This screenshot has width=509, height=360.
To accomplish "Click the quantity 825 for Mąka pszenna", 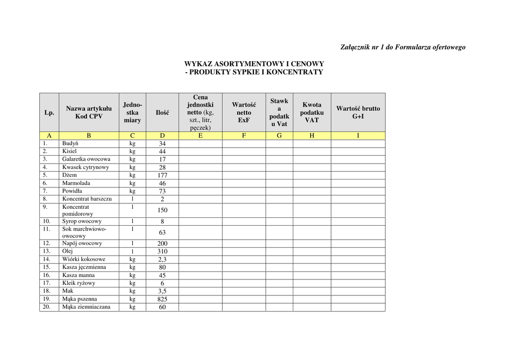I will click(163, 299).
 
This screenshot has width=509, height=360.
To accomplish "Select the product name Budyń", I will click(70, 143).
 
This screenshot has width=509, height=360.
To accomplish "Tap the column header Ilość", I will click(163, 113).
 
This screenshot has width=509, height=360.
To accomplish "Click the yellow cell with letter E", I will click(200, 136).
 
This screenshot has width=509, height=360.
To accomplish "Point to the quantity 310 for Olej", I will click(163, 252).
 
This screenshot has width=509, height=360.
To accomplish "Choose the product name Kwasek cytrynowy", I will click(85, 167).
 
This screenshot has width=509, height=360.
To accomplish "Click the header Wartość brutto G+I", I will click(358, 112).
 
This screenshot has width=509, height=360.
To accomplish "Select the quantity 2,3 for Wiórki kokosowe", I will click(163, 260).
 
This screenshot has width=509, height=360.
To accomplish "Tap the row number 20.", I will click(47, 307).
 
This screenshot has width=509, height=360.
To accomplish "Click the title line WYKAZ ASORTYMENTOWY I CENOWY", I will click(254, 64).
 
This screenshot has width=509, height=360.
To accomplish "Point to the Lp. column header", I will click(49, 113).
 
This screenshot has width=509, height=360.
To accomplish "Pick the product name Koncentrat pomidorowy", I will click(78, 210).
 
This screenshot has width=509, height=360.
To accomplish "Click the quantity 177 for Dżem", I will click(163, 176).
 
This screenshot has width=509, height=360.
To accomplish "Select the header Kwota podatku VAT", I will click(312, 112).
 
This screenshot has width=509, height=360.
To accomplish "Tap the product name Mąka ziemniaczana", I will click(86, 307).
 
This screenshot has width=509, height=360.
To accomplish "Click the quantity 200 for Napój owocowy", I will click(163, 244).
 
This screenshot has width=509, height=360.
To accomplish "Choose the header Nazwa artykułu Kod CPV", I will click(89, 112).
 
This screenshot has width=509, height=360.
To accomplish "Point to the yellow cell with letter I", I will click(358, 136).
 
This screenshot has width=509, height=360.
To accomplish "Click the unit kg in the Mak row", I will click(132, 291).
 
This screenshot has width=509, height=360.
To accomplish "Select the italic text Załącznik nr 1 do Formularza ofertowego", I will click(403, 47).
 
